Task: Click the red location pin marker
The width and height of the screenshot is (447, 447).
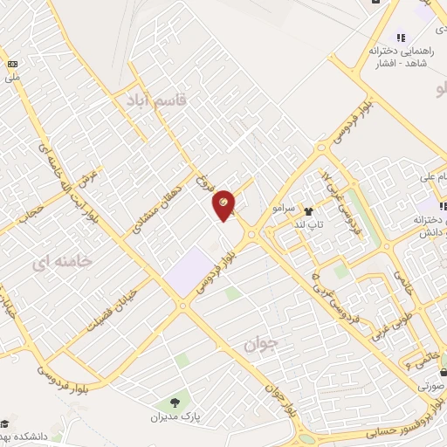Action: [x=224, y=204]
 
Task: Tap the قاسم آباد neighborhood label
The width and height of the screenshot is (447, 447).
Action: [x=156, y=99]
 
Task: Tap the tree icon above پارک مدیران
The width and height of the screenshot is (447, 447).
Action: [x=175, y=402]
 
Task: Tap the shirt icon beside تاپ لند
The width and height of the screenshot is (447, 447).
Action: [x=307, y=210]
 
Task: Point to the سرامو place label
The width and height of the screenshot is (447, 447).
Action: [x=285, y=210]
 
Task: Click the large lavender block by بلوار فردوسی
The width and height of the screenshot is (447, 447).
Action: [x=189, y=270]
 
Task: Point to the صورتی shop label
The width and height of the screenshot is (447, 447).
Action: [x=430, y=384]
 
